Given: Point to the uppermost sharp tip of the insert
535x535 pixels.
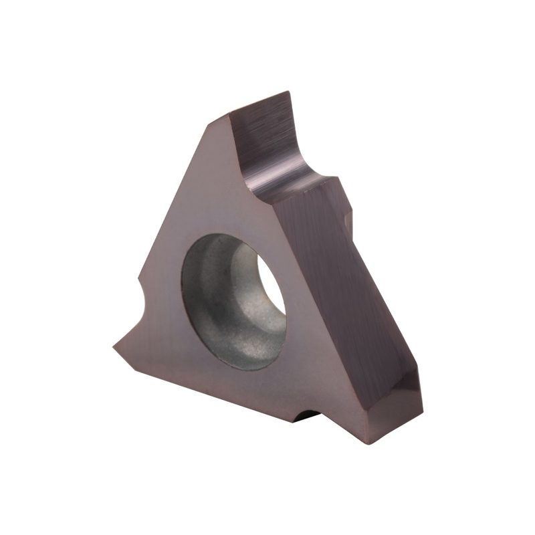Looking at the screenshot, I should [288, 93].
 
